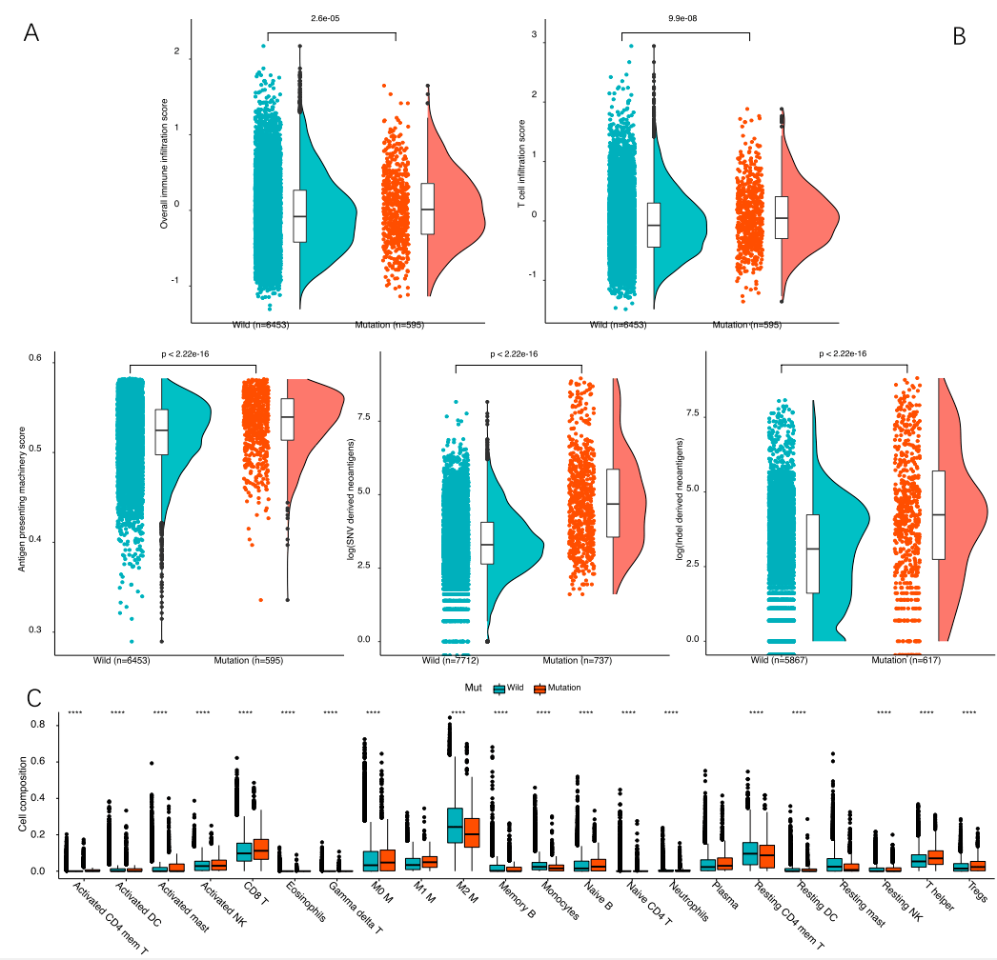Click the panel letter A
(x=32, y=32)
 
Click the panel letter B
(x=960, y=36)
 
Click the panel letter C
(x=33, y=698)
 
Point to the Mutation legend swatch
(x=539, y=688)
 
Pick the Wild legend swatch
(x=498, y=688)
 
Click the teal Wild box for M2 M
(x=456, y=825)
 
